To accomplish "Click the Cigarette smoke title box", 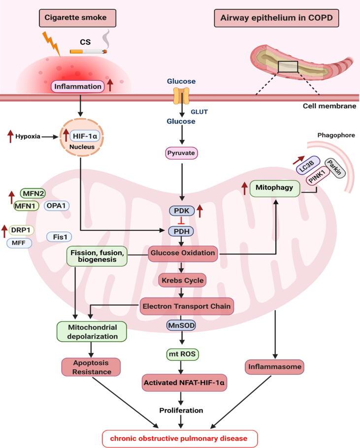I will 79,19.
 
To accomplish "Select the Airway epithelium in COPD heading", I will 273,19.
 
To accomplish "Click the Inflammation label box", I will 78,87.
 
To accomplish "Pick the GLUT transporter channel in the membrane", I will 182,96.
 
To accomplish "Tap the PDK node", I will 182,211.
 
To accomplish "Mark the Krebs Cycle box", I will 182,281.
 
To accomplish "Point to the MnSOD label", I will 182,325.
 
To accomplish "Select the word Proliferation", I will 182,410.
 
